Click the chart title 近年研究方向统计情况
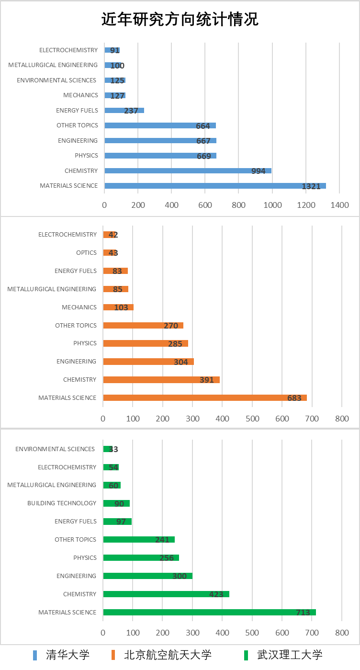point(180,19)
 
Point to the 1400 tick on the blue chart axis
point(339,205)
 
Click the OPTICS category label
point(86,253)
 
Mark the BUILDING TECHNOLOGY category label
point(62,503)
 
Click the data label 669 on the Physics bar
point(203,156)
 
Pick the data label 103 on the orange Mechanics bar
point(121,307)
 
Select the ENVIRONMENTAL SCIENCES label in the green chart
point(55,449)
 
